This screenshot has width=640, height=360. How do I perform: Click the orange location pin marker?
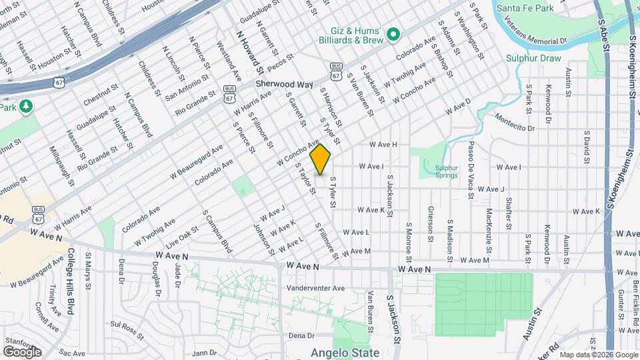click(321, 159)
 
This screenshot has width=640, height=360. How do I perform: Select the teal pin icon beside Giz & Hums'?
click(393, 33)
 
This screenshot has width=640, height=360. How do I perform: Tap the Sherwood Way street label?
click(285, 85)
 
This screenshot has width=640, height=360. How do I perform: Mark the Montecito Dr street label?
click(515, 122)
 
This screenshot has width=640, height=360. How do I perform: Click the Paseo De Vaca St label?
click(471, 171)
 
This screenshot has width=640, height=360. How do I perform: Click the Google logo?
click(22, 351)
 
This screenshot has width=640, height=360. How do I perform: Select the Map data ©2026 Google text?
click(598, 354)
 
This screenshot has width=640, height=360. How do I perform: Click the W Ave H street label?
click(383, 144)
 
